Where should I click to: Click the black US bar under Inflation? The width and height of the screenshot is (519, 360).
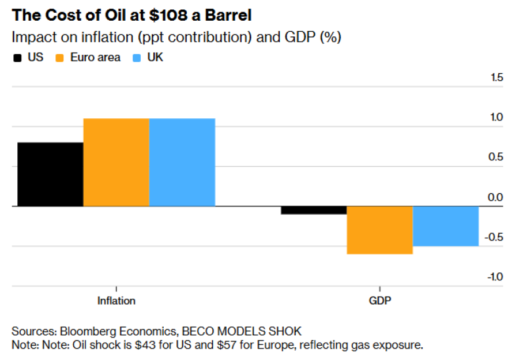tap(50, 174)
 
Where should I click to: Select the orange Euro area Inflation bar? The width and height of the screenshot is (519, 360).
tap(116, 162)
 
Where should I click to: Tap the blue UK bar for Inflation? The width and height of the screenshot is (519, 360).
tap(182, 162)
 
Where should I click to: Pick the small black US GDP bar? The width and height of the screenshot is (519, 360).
tap(314, 210)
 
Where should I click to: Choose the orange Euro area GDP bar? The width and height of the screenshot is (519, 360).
tap(379, 230)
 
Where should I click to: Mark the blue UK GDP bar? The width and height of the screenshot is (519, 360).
tap(446, 226)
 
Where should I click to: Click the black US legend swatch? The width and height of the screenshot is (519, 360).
tap(17, 58)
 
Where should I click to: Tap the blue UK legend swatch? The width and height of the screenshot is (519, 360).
tap(137, 58)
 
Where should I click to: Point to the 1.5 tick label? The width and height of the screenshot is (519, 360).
tap(496, 77)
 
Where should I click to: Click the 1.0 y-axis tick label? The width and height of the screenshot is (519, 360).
tap(495, 117)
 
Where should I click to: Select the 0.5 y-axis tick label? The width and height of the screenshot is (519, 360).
tap(495, 157)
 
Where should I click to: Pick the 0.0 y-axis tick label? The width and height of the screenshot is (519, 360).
tap(495, 197)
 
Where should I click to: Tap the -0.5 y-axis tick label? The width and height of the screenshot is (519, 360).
tap(494, 237)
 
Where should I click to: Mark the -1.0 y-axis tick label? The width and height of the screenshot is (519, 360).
tap(494, 277)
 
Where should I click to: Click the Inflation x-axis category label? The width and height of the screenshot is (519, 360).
tap(116, 301)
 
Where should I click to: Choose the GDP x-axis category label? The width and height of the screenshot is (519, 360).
tap(380, 301)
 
